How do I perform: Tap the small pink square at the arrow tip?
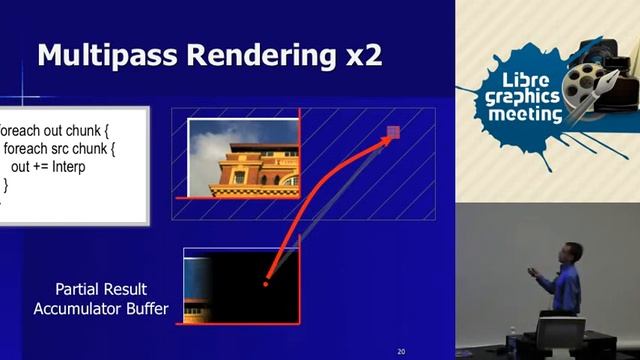click(x=393, y=131)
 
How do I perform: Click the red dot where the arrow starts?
click(x=265, y=284)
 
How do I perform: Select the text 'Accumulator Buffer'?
click(x=101, y=309)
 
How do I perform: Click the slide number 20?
click(x=401, y=351)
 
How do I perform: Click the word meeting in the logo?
click(x=525, y=115)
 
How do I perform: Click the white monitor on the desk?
click(x=560, y=334)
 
